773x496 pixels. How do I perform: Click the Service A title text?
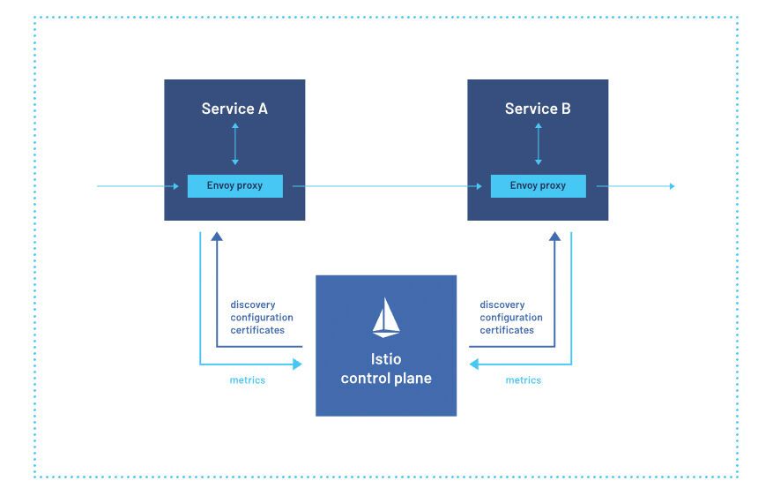pos(234,109)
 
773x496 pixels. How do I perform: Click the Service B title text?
pos(538,109)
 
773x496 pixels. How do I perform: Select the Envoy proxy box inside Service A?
pos(234,186)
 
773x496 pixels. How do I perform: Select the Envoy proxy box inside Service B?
pos(538,186)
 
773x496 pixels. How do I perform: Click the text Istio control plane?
pos(386,369)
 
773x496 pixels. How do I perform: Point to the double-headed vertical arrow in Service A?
pos(234,144)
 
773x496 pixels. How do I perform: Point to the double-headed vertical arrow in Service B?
pos(538,144)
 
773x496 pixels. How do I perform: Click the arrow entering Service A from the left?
pos(137,186)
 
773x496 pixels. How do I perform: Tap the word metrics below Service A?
pos(248,380)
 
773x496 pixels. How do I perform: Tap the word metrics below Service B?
pos(524,380)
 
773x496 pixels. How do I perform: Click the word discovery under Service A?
pos(252,305)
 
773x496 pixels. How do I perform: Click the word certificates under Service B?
pos(507,330)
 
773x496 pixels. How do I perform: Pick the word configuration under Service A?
pos(262,318)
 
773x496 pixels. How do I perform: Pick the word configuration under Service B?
pos(511,318)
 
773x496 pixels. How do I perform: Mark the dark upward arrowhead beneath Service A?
pos(217,237)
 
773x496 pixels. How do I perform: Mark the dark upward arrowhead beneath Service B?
pos(555,237)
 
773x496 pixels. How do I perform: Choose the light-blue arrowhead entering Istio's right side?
pos(473,364)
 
